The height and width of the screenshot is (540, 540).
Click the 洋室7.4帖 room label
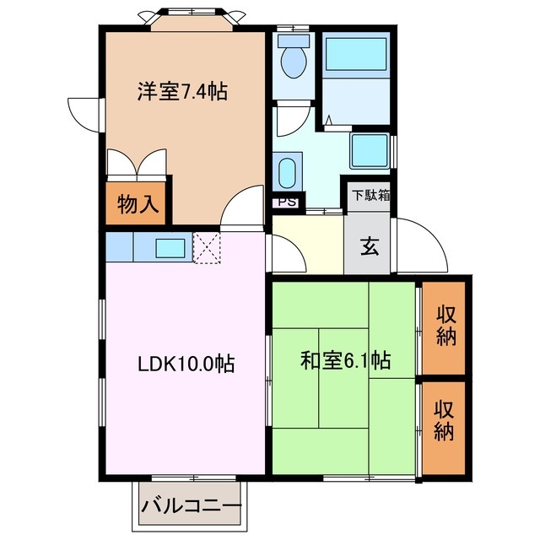click(183, 91)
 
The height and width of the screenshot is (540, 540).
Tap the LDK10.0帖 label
click(186, 364)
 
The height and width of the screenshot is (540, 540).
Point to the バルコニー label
click(192, 507)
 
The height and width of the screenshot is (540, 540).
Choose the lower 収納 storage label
click(445, 421)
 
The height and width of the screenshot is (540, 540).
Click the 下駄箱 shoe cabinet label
click(370, 195)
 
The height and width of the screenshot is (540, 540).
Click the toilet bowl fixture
click(294, 60)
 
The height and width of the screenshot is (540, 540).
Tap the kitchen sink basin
click(172, 248)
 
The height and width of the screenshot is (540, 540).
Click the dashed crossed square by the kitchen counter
click(207, 248)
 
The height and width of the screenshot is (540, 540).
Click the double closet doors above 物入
click(138, 164)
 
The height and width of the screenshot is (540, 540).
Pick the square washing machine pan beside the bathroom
click(369, 149)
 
